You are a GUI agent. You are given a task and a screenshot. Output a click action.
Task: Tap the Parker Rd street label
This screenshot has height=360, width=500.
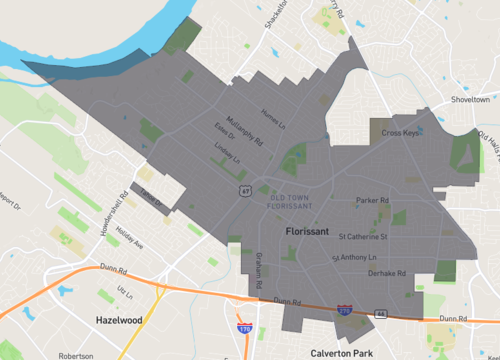pyautogui.click(x=372, y=200)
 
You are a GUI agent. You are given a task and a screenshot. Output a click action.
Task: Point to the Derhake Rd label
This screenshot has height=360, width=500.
pyautogui.click(x=386, y=273)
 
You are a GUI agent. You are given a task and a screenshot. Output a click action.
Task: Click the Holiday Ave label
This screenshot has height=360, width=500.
pyautogui.click(x=130, y=238)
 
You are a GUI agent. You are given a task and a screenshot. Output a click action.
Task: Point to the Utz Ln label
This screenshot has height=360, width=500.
pyautogui.click(x=124, y=290)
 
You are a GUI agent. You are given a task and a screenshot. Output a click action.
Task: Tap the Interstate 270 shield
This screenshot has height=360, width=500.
pyautogui.click(x=343, y=312)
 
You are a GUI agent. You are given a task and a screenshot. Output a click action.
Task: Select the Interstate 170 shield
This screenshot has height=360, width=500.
pyautogui.click(x=243, y=326)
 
